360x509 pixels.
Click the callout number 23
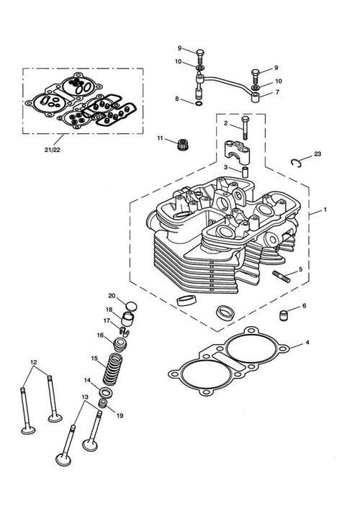[x=318, y=153]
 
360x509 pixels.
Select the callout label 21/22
[x=53, y=150]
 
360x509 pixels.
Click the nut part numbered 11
[x=183, y=144]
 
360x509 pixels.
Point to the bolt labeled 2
[x=245, y=128]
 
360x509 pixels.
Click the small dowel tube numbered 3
[x=246, y=172]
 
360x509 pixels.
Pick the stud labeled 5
[x=281, y=278]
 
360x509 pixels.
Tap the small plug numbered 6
[x=284, y=315]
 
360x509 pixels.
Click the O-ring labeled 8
[x=199, y=104]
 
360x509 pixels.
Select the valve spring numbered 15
[x=112, y=369]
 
